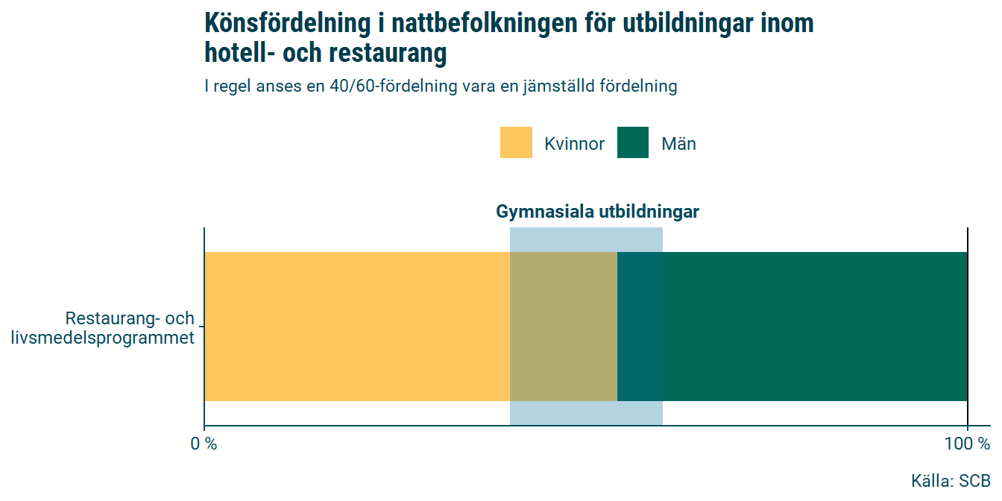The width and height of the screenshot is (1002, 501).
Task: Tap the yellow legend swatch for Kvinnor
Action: [x=516, y=142]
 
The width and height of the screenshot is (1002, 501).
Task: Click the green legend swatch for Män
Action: [x=633, y=142]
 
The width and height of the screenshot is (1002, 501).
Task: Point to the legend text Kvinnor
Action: [x=574, y=144]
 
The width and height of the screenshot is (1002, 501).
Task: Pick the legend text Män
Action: [x=678, y=144]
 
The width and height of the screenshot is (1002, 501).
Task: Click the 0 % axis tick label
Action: [x=204, y=444]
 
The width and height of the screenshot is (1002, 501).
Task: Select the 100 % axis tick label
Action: [x=967, y=444]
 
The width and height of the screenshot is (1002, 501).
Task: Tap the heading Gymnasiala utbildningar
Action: [x=597, y=212]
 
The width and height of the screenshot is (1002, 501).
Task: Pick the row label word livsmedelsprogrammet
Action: [x=103, y=338]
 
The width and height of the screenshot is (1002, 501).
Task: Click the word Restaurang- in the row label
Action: [x=113, y=318]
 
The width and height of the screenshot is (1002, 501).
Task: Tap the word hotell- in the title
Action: [x=238, y=54]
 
